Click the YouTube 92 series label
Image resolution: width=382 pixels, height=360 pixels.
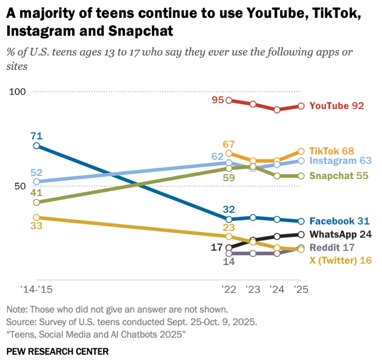point(337,106)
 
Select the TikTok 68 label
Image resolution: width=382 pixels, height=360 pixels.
point(332,151)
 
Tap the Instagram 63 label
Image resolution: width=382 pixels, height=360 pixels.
point(341,161)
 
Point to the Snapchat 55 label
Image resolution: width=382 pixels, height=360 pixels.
point(339,176)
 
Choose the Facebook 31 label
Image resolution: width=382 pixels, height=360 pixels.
point(339,221)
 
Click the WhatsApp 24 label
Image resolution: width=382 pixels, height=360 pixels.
point(341,234)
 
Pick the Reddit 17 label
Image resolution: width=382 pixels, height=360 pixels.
point(332,247)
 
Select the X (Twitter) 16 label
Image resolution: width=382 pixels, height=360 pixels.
point(341,260)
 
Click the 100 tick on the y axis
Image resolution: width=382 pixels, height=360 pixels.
point(17,92)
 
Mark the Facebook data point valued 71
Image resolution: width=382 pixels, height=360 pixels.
point(36,146)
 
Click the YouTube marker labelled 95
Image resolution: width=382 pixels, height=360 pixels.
point(229,100)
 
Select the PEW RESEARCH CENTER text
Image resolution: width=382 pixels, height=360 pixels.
point(58,351)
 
